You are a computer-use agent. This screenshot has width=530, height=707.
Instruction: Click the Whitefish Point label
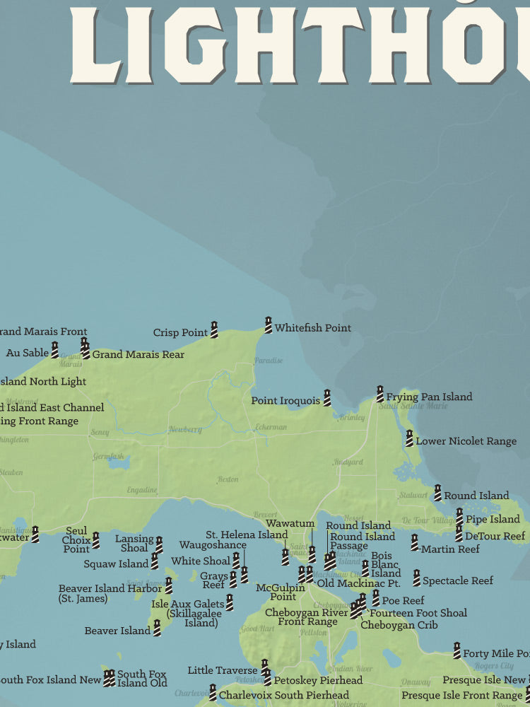click(312, 328)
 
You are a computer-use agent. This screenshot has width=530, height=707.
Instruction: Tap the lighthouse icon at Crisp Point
click(214, 329)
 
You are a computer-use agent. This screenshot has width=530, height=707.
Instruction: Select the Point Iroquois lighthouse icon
click(327, 397)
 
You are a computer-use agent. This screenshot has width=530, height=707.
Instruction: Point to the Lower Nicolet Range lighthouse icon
click(409, 438)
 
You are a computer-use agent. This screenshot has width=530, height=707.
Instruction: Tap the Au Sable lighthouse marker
click(54, 350)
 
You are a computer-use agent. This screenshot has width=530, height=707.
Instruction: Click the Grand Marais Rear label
click(139, 355)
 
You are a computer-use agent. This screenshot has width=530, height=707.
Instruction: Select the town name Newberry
click(184, 430)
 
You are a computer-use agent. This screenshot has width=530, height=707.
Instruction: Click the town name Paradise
click(269, 361)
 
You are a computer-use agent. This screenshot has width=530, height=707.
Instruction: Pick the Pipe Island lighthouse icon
click(459, 517)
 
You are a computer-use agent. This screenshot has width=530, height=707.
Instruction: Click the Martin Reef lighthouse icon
click(415, 543)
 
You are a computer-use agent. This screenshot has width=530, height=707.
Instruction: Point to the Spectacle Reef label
click(458, 581)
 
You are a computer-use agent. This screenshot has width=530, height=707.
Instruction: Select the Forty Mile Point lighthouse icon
click(457, 650)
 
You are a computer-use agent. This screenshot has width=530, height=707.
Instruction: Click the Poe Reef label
click(403, 601)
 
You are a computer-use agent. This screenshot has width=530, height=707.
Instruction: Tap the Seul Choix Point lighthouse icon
click(95, 541)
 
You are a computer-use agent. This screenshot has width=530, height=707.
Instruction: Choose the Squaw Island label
click(115, 564)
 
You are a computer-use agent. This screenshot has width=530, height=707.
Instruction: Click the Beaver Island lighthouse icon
click(157, 628)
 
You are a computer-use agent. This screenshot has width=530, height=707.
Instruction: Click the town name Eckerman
click(271, 427)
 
